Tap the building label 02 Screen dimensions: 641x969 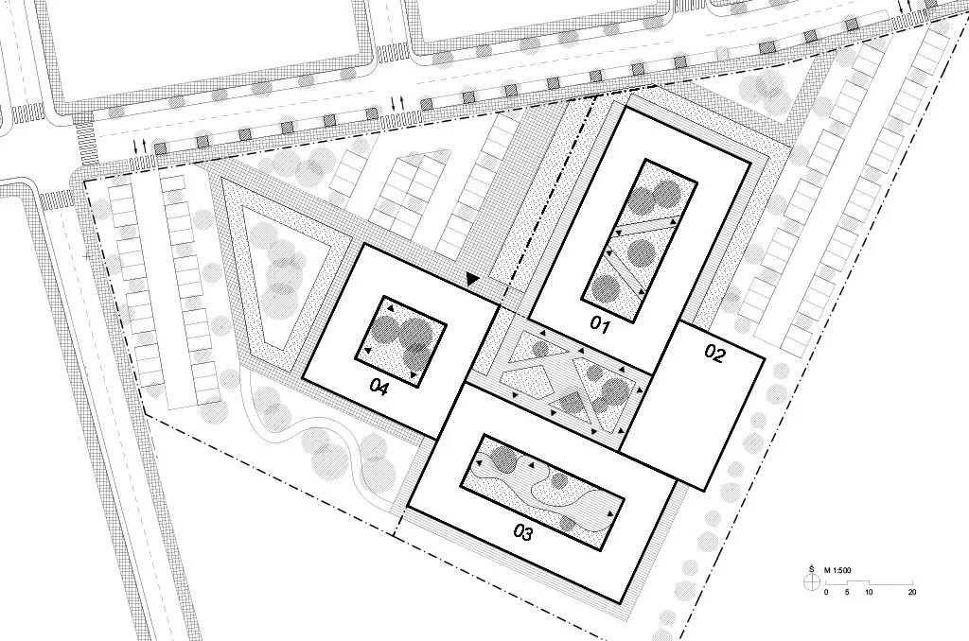[714, 355]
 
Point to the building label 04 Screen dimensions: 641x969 [380, 386]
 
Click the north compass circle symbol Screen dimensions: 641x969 [811, 582]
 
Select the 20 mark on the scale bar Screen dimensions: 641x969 [911, 592]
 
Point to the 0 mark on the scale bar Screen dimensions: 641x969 [826, 592]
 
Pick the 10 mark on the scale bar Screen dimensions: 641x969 [869, 592]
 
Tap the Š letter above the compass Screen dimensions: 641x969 [811, 569]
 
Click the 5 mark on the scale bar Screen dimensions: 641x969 [847, 592]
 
